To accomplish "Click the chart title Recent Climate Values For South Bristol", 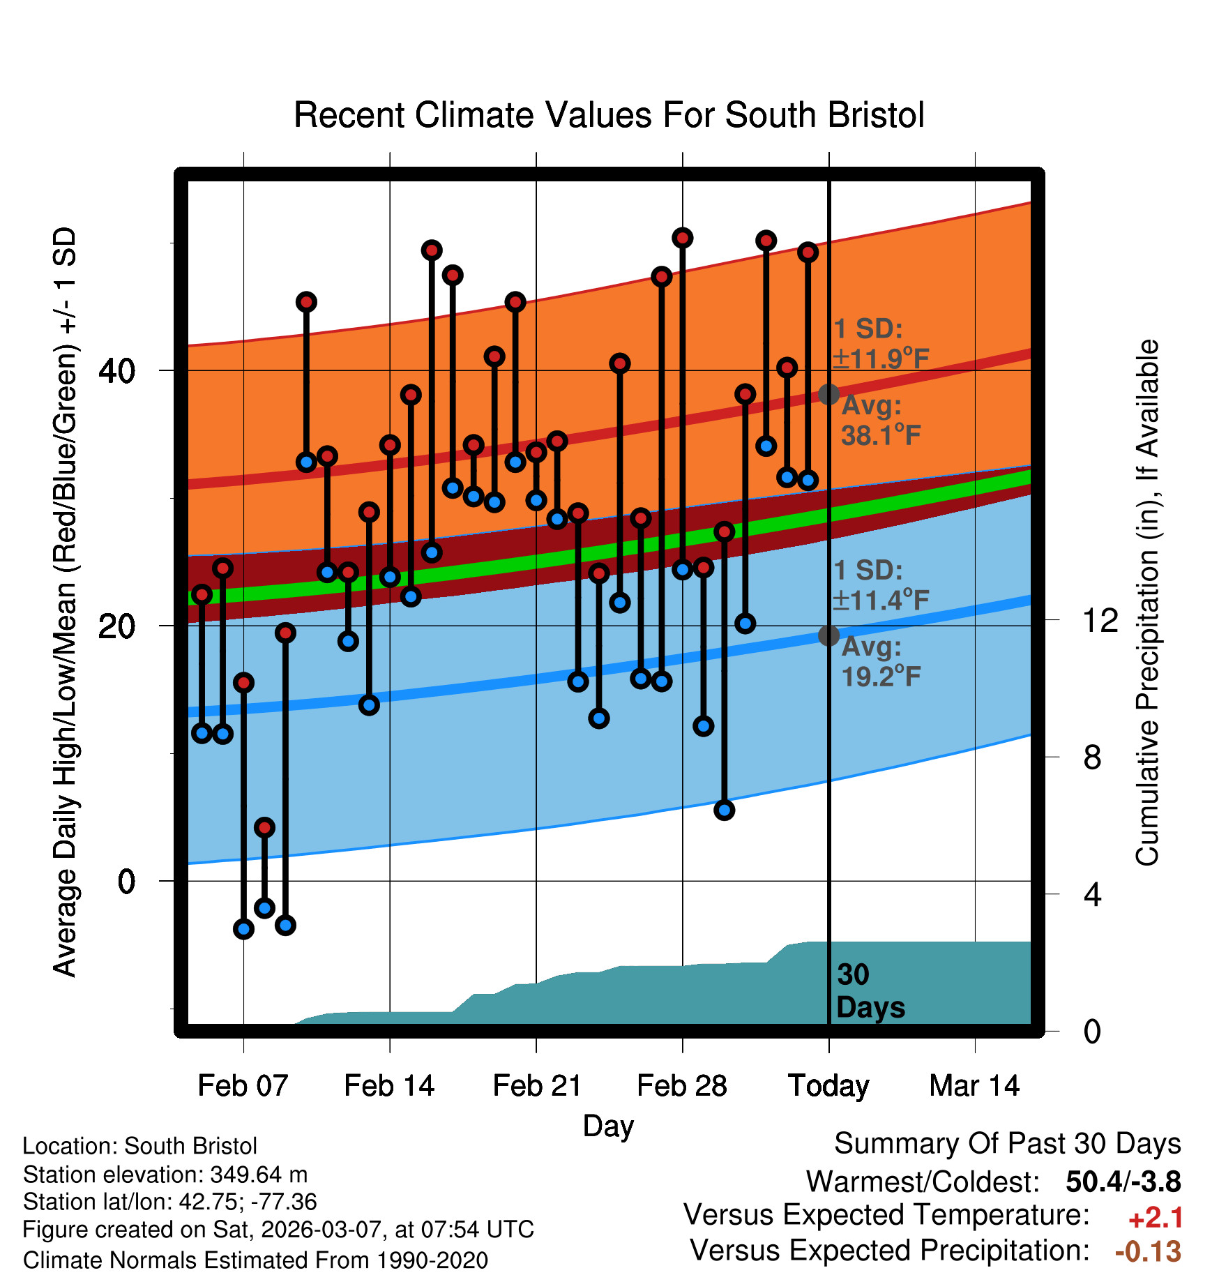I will (609, 115).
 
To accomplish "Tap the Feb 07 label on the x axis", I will (243, 1086).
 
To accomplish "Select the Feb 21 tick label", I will (537, 1086).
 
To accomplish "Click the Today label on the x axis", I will (828, 1086).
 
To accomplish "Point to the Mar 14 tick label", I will (974, 1086).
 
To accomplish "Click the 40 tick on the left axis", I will (116, 370).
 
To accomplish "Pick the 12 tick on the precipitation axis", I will (1100, 620).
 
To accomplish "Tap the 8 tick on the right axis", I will (1092, 757).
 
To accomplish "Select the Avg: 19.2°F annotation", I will (880, 662).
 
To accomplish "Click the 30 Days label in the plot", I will (870, 991).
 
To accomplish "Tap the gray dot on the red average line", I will (828, 394).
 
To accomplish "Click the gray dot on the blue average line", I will (828, 635).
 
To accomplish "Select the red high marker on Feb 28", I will (682, 239).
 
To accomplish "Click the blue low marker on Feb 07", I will (243, 928).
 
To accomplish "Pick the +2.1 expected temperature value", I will (1156, 1218).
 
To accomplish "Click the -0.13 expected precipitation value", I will (1148, 1252).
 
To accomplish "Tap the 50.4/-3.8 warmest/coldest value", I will (1123, 1182).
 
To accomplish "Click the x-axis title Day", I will (608, 1126).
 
